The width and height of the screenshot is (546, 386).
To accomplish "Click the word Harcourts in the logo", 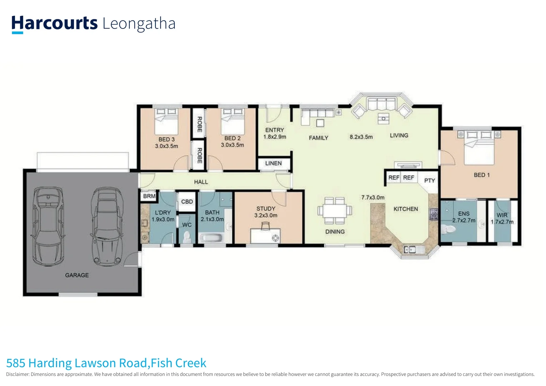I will tap(54, 23).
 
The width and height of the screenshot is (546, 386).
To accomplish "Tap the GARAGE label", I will tap(77, 275).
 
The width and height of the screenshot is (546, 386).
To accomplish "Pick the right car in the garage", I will tap(107, 227).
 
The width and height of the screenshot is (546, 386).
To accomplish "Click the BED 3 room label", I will tap(167, 139).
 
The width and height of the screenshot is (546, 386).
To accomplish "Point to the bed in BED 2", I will tap(232, 122).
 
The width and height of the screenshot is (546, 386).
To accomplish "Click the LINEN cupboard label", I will tap(273, 163).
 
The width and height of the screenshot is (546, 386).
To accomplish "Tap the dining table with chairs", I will tap(335, 211).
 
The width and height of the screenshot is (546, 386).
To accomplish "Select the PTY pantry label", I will tap(430, 180).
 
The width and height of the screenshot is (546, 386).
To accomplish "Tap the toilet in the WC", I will tap(187, 237).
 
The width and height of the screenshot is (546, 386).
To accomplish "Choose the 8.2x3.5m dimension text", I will tap(361, 137).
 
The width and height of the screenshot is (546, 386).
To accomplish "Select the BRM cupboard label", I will tap(149, 196).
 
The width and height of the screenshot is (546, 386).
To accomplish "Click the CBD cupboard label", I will tap(187, 202).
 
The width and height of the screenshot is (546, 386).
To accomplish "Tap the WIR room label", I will tap(502, 215).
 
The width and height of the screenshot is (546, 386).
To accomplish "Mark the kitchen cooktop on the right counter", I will tap(433, 214).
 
